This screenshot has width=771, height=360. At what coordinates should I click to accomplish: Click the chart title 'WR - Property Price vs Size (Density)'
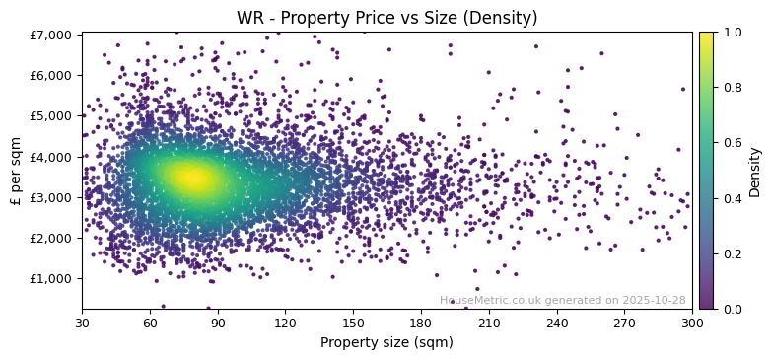click(x=386, y=18)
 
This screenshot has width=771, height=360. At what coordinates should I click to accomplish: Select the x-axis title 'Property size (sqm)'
click(x=386, y=343)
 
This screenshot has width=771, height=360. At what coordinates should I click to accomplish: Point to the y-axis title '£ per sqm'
click(x=16, y=171)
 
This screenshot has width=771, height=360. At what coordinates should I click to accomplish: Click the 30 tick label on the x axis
click(x=82, y=323)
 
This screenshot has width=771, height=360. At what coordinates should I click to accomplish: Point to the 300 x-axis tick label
click(x=692, y=323)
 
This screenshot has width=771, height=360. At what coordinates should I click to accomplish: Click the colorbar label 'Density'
click(x=755, y=171)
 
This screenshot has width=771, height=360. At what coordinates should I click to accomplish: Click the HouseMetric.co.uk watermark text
click(x=562, y=300)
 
